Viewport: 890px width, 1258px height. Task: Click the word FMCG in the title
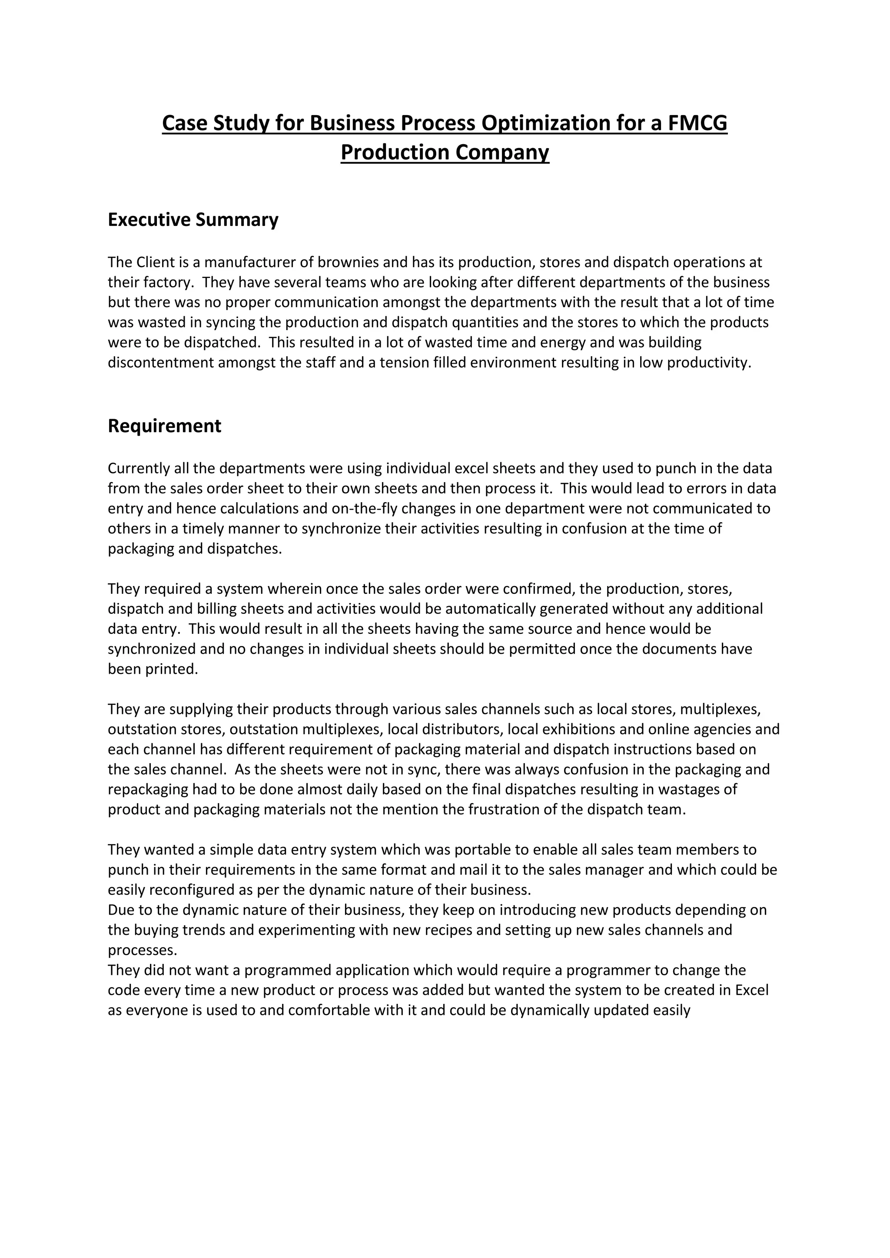pyautogui.click(x=697, y=123)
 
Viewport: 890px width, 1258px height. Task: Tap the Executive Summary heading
pyautogui.click(x=193, y=220)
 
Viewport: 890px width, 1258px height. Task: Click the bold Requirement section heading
pyautogui.click(x=164, y=426)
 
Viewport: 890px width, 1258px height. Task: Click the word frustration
pyautogui.click(x=491, y=810)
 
